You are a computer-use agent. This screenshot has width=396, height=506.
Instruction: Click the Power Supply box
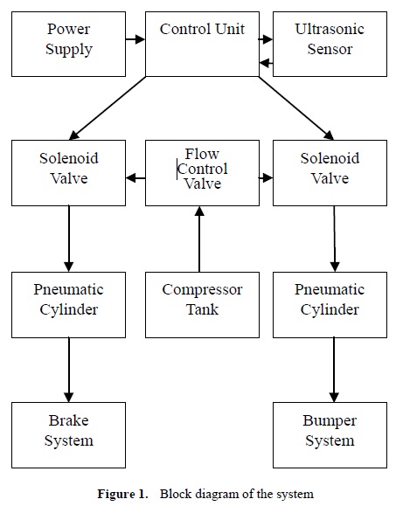68,43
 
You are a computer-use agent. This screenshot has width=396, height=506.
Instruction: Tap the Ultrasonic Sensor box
330,43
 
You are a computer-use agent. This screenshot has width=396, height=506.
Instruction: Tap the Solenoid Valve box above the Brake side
68,172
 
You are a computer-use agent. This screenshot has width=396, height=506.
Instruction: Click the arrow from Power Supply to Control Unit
135,38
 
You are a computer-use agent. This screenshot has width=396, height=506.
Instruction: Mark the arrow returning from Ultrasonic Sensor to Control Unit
266,62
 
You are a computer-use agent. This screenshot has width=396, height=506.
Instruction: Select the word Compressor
202,290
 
